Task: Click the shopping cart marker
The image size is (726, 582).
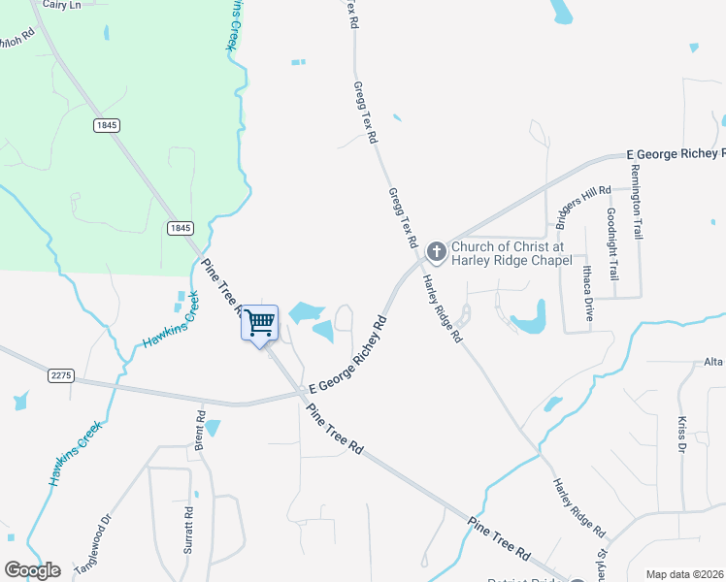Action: coord(260,323)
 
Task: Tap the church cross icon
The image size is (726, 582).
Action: coord(437,252)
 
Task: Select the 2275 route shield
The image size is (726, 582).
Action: coord(60,373)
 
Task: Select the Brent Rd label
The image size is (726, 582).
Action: coord(201,429)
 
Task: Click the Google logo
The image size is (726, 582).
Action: coord(32,570)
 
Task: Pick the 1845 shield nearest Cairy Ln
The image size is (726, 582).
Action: coord(107,125)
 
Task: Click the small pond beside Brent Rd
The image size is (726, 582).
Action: coord(213,427)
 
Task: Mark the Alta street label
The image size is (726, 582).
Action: coord(714,362)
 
